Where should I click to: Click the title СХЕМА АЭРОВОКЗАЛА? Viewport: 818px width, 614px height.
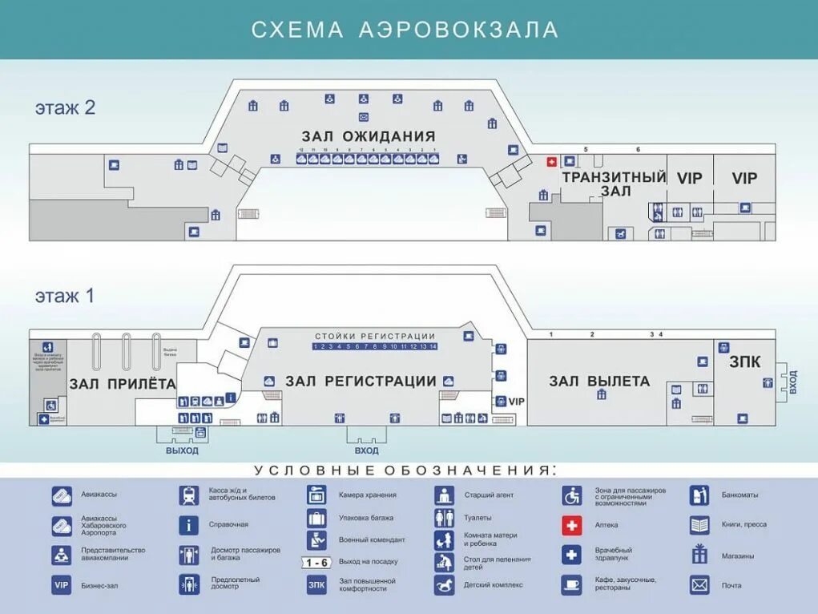click(405, 30)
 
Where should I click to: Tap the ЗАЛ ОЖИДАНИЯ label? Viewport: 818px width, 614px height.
click(369, 136)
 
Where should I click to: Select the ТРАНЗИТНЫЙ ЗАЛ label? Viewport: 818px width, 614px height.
click(615, 184)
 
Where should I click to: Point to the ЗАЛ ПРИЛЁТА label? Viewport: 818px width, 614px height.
click(123, 384)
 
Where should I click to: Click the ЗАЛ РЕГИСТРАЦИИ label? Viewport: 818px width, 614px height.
click(361, 382)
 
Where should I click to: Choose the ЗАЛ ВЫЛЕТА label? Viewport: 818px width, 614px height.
click(599, 382)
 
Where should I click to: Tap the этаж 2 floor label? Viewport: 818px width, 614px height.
click(65, 107)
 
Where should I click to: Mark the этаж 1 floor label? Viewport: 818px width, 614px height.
click(65, 296)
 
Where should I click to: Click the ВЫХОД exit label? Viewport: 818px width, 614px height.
click(182, 450)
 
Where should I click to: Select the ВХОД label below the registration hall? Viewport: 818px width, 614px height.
click(366, 450)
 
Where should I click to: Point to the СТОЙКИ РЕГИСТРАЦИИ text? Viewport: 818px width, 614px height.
click(375, 337)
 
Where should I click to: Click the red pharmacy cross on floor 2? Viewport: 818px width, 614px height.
click(551, 162)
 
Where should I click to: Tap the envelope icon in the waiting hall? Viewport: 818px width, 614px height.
click(364, 117)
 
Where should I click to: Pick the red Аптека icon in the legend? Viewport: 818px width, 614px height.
click(571, 525)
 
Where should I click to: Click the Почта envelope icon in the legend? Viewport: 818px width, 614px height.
click(699, 585)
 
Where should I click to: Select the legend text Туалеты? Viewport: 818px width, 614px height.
click(478, 518)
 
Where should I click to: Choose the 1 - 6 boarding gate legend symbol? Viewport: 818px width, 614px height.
click(316, 562)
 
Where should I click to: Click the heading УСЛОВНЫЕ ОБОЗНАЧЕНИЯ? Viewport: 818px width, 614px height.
click(405, 470)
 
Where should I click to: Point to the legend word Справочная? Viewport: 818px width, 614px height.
click(229, 524)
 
